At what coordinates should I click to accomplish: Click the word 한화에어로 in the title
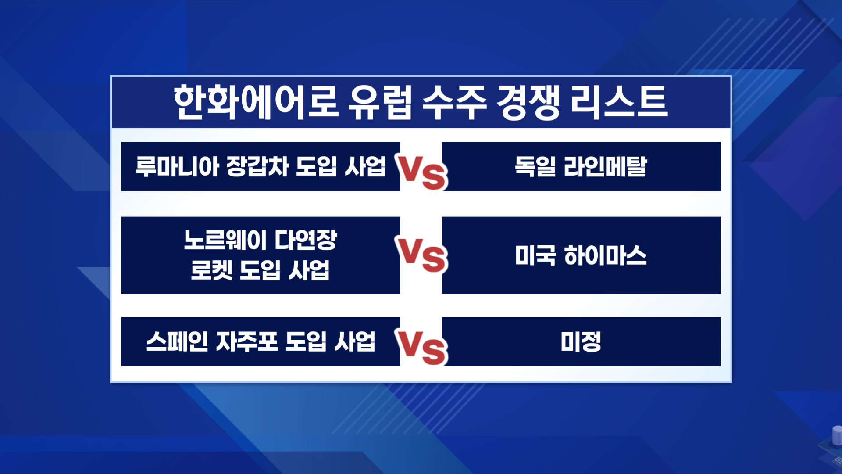(256, 102)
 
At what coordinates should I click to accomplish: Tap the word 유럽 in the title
(380, 102)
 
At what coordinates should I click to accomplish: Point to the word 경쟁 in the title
(528, 102)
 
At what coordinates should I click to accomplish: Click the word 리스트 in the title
(619, 102)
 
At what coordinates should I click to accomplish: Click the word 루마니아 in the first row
(177, 166)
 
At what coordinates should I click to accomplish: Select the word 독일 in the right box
(535, 166)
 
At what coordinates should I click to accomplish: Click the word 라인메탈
(605, 166)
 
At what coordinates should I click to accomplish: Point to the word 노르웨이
(225, 240)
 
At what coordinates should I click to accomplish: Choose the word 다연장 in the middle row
(306, 240)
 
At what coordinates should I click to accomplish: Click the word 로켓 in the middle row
(211, 270)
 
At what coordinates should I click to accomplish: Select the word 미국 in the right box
(535, 255)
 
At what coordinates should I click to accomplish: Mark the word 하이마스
(605, 255)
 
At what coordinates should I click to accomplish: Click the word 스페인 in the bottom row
(177, 341)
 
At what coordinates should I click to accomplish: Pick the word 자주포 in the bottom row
(247, 341)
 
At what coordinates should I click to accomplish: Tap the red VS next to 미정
(421, 347)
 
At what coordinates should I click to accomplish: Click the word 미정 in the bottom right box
(581, 341)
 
